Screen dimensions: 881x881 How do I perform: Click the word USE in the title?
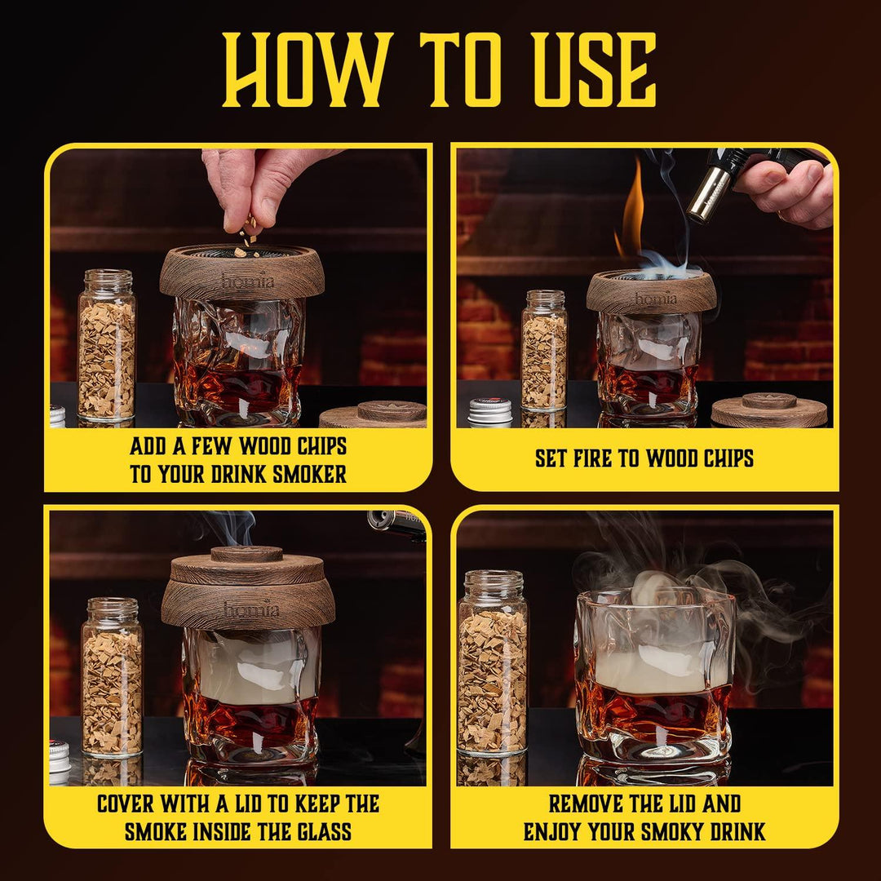[595, 69]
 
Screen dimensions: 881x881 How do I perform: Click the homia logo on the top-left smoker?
[247, 280]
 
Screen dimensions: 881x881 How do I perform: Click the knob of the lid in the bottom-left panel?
[246, 554]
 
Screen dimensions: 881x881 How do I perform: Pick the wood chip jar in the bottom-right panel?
[493, 663]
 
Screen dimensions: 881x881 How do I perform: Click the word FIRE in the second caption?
[592, 458]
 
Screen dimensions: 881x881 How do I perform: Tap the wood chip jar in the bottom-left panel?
[113, 677]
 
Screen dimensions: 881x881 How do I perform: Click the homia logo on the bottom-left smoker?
[251, 609]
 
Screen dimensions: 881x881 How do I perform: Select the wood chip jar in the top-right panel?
[544, 350]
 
